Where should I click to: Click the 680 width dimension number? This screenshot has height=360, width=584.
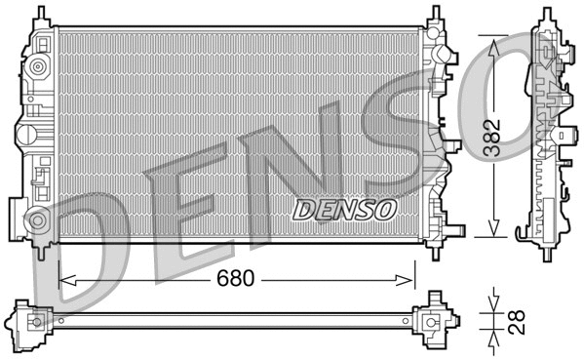click(235, 278)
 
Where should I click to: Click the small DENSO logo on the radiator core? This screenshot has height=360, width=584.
click(344, 208)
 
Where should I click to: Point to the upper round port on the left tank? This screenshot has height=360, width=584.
click(38, 67)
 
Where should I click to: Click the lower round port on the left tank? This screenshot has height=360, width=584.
click(38, 220)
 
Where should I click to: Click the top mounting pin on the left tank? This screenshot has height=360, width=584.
click(40, 15)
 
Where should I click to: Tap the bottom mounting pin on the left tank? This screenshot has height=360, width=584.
click(40, 251)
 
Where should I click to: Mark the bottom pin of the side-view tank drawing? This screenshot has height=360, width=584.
click(547, 251)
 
